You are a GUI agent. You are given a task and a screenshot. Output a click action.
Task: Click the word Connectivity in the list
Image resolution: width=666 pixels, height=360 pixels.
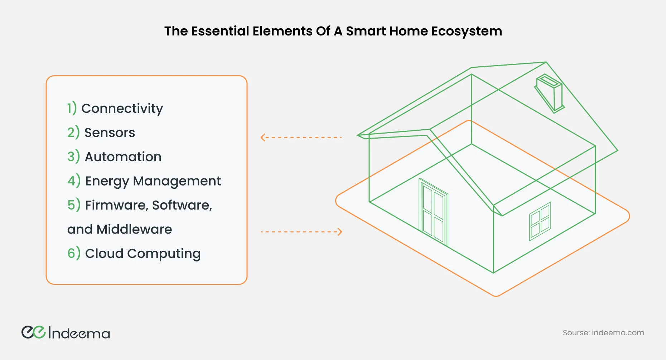[122, 109]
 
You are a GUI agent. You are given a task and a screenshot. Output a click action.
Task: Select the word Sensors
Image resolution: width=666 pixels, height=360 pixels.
[110, 133]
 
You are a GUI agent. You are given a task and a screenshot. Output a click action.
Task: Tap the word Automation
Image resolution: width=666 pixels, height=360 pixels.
[123, 157]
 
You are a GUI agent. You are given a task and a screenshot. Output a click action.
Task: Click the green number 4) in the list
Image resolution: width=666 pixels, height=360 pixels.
[74, 181]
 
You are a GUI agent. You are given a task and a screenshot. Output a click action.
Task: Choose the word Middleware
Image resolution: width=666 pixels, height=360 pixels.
[134, 229]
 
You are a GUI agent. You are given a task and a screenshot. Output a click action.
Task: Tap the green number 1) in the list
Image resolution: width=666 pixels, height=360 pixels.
[72, 108]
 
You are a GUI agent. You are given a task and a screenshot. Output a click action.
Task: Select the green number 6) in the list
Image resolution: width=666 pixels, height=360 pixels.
[74, 253]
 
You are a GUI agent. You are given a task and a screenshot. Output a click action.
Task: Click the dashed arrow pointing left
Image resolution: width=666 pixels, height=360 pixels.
[301, 137]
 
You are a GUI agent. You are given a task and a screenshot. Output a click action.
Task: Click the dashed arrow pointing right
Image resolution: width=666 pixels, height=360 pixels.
[301, 232]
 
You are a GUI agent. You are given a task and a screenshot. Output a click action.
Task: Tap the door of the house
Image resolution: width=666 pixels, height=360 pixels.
[434, 212]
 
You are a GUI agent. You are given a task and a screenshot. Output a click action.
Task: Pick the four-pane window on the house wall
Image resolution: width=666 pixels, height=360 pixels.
[540, 221]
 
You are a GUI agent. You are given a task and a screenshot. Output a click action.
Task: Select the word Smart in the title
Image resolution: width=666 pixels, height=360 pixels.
[366, 31]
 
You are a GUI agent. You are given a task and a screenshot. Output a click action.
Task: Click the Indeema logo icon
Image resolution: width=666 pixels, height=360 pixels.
[34, 332]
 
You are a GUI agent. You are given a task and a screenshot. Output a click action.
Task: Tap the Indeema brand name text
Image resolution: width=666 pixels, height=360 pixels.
[79, 333]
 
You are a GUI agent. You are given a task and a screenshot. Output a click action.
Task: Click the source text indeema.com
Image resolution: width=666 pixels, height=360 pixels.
[618, 333]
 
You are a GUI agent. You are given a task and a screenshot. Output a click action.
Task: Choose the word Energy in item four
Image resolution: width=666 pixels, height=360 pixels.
[107, 181]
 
